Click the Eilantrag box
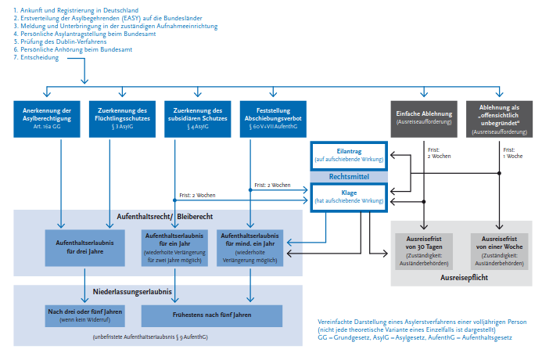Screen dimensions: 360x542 point(348,154)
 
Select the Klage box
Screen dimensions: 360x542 point(348,196)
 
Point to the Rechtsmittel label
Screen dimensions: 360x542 point(348,176)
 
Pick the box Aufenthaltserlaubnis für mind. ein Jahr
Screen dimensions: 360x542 point(250,247)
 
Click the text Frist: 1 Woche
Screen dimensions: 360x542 point(513,153)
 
